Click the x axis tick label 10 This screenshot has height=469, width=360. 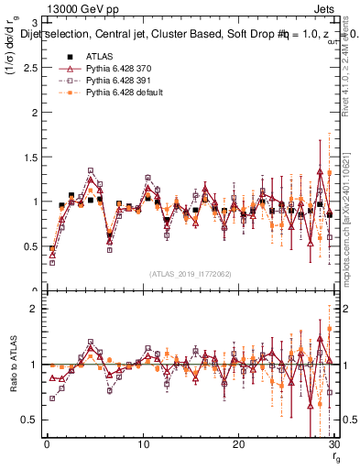(x=142, y=446)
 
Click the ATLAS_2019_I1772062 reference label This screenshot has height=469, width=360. (x=190, y=273)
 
